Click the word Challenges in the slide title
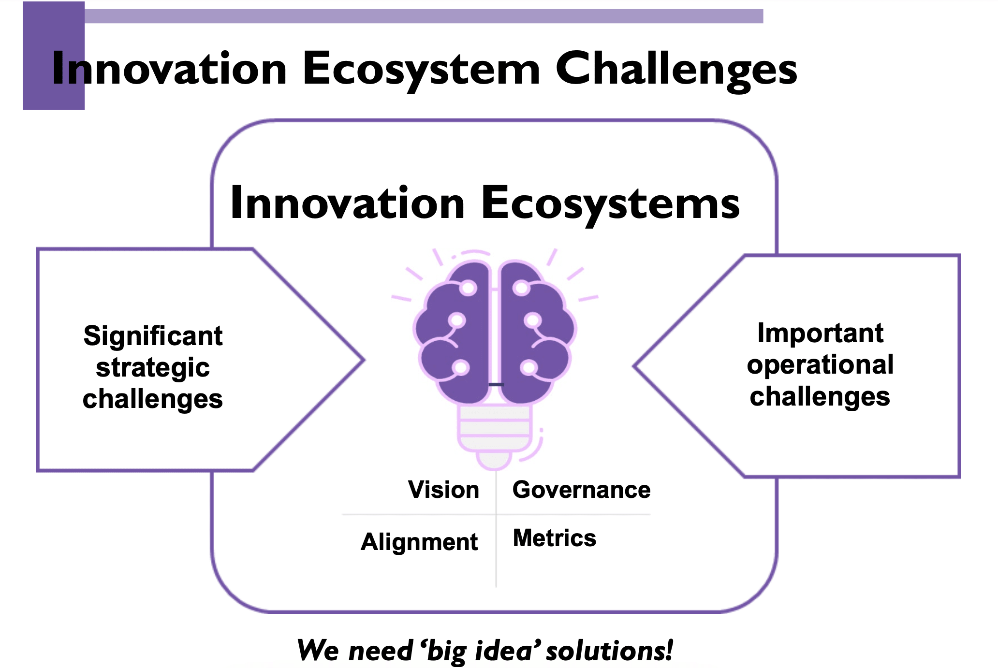point(676,71)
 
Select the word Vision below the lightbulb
point(443,490)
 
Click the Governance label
point(581,490)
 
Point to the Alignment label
point(419,542)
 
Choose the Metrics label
point(554,538)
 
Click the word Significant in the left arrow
point(153,336)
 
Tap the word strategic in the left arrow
point(153,368)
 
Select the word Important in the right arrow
point(820,334)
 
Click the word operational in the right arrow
point(820,365)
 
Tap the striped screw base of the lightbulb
point(495,428)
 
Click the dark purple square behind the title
point(54,56)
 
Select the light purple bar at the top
point(424,16)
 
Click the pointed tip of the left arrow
point(364,360)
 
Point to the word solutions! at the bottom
point(610,650)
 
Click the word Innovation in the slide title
point(169,69)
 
